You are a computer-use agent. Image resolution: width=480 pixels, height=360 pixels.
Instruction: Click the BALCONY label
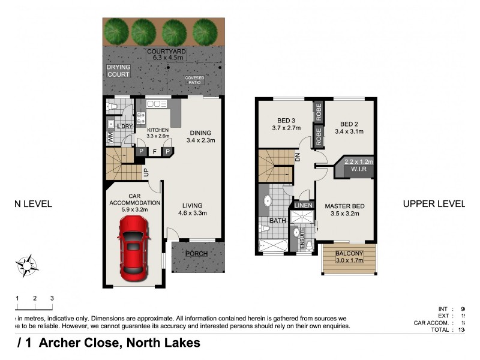pyautogui.click(x=348, y=253)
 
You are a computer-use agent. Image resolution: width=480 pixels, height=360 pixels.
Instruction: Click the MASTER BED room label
pyautogui.click(x=345, y=206)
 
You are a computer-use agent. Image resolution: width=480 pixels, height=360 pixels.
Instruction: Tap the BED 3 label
pyautogui.click(x=286, y=119)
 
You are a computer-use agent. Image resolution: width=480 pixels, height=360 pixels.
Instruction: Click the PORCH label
pyautogui.click(x=197, y=254)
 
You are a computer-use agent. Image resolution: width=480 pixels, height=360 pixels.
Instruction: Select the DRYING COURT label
pyautogui.click(x=118, y=71)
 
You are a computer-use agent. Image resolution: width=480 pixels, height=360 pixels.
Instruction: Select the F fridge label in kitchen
pyautogui.click(x=155, y=152)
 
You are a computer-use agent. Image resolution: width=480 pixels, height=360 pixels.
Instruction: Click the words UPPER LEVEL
pyautogui.click(x=433, y=204)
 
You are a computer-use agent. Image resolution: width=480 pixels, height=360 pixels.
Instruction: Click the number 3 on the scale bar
pyautogui.click(x=52, y=298)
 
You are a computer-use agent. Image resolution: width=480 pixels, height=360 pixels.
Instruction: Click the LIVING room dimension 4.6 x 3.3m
pyautogui.click(x=192, y=213)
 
